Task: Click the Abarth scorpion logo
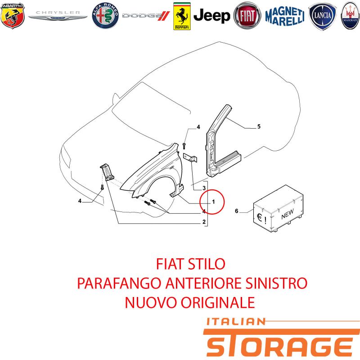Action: [x=13, y=16]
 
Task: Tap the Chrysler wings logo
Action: [x=58, y=15]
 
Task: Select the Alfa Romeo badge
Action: [x=105, y=15]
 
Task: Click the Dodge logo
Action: [x=146, y=16]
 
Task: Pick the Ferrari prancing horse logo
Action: [x=182, y=16]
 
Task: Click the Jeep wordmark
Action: [x=211, y=16]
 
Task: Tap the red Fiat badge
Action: [x=247, y=16]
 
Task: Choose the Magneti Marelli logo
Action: [x=285, y=16]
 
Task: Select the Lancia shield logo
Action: [x=322, y=16]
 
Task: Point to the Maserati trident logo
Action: [x=350, y=15]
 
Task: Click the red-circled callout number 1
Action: [x=213, y=202]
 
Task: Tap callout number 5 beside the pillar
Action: [x=259, y=126]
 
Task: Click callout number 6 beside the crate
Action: [x=237, y=211]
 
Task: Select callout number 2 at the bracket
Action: [x=204, y=222]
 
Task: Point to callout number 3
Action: [x=204, y=188]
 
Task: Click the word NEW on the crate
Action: [x=288, y=214]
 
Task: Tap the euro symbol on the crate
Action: [x=260, y=217]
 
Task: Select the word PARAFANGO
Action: [x=119, y=283]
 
